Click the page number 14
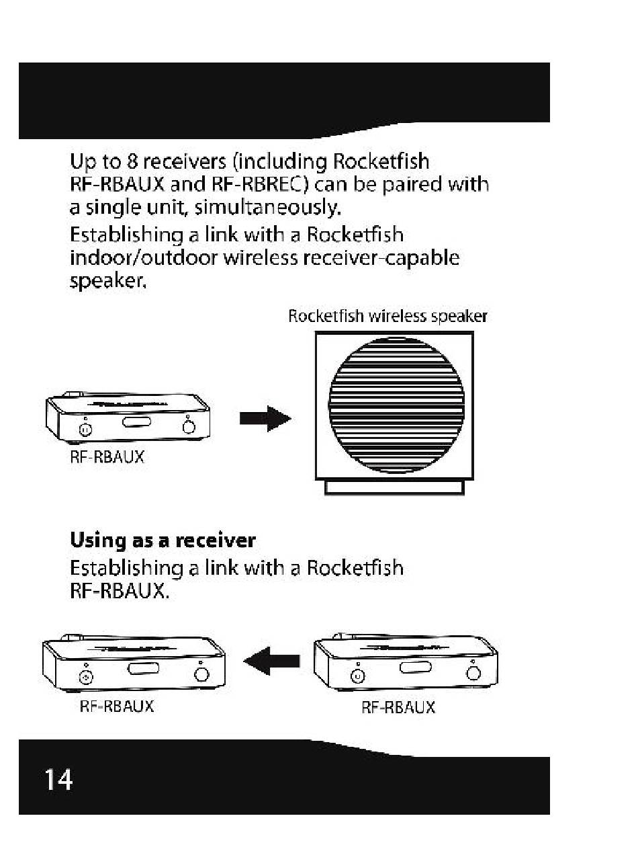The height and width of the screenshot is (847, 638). (58, 779)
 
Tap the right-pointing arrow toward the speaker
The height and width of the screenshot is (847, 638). (265, 418)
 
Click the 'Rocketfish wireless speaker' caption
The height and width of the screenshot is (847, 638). (388, 316)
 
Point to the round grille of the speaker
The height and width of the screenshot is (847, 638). (396, 405)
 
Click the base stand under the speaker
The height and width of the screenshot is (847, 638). (394, 487)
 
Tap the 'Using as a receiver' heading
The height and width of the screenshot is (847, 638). (163, 540)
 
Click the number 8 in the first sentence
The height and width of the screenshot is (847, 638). (132, 161)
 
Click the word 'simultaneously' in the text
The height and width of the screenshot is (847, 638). (267, 208)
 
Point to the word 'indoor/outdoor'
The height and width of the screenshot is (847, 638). (144, 257)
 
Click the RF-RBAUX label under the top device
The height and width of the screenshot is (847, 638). (107, 457)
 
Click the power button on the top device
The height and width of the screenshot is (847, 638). (85, 430)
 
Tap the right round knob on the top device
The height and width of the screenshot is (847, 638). (189, 426)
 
